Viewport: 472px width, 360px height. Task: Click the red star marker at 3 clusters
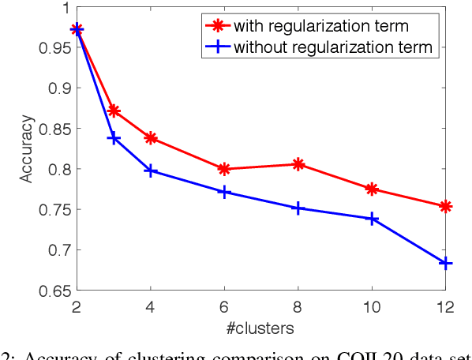(x=114, y=111)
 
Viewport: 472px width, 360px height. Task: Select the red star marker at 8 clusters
(x=298, y=164)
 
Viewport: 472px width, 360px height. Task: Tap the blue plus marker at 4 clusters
(x=151, y=171)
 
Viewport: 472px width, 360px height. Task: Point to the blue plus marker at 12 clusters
(x=445, y=263)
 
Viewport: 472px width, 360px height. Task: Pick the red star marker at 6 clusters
(x=224, y=168)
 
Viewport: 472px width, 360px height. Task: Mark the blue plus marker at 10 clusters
(x=372, y=219)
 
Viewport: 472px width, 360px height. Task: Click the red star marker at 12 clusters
(x=445, y=206)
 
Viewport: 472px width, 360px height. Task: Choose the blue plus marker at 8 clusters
(x=298, y=208)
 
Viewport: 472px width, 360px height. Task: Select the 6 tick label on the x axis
(x=224, y=305)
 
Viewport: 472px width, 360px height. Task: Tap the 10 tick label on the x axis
(x=372, y=305)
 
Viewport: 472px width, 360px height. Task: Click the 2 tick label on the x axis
(x=77, y=305)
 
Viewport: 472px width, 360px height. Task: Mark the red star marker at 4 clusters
(x=151, y=138)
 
